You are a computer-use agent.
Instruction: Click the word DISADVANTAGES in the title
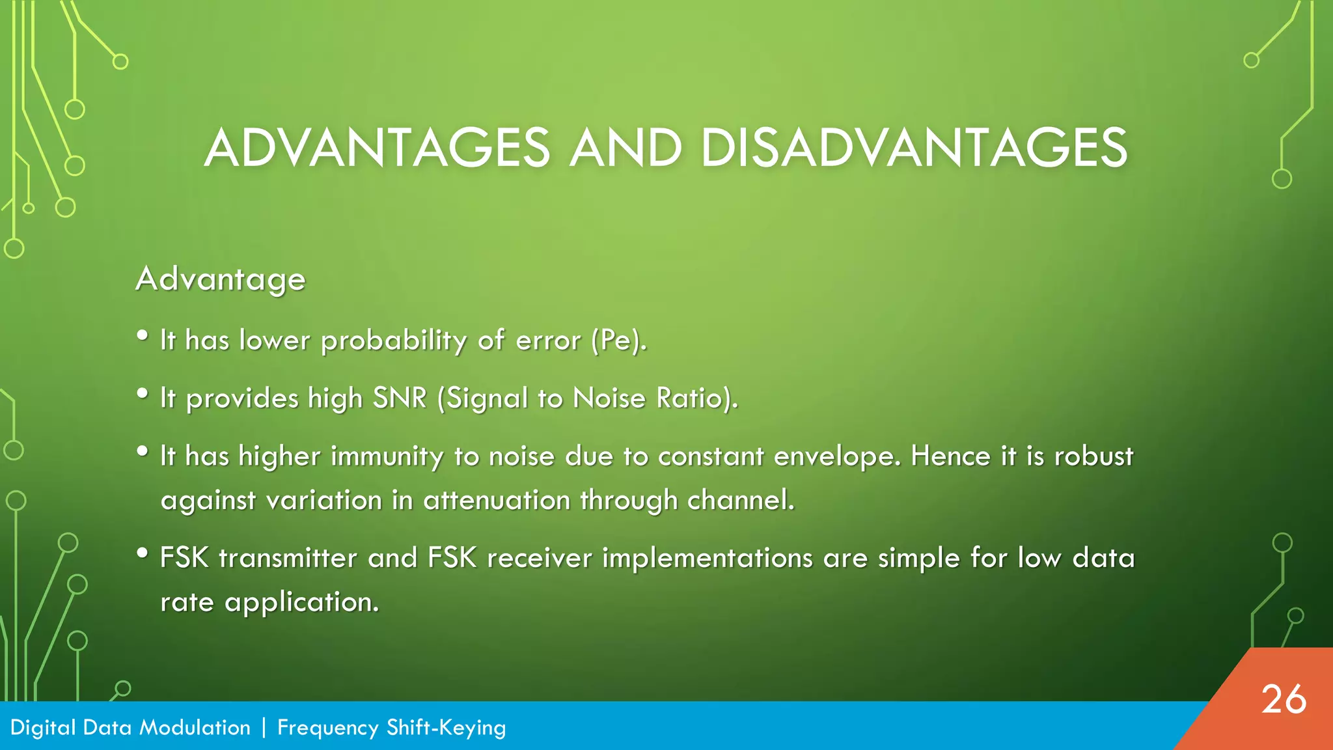tap(913, 148)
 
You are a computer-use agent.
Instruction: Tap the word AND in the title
tap(625, 148)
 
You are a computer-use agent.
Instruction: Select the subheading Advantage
tap(221, 279)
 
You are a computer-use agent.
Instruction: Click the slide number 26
tap(1283, 700)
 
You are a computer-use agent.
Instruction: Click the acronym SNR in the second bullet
tap(399, 398)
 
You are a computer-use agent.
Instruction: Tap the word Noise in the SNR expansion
tap(609, 398)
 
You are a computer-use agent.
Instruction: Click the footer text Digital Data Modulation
tap(130, 727)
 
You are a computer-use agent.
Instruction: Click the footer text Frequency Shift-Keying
tap(391, 727)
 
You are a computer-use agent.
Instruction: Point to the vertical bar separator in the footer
tap(264, 727)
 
